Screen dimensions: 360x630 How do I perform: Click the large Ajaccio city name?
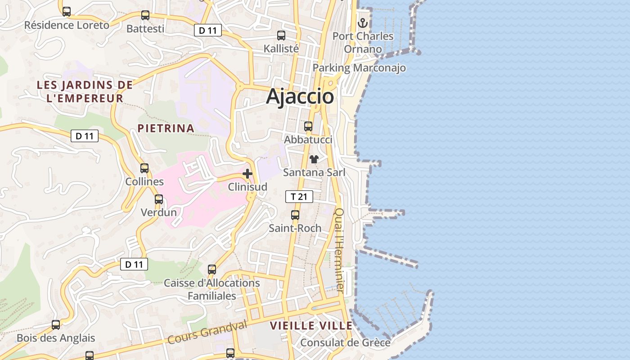click(x=300, y=97)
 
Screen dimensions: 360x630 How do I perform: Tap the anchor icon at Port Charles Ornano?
click(x=363, y=22)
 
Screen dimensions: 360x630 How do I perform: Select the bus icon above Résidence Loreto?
click(x=67, y=12)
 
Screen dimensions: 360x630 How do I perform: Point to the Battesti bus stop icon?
click(x=145, y=15)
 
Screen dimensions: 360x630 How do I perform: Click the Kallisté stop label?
click(x=281, y=48)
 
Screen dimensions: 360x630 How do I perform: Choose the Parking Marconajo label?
click(x=359, y=68)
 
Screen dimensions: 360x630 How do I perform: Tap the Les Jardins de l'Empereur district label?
click(x=85, y=91)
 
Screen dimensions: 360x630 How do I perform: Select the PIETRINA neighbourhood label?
click(x=166, y=128)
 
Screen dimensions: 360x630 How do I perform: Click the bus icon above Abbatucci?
click(x=308, y=126)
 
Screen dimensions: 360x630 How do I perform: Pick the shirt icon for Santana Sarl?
click(x=314, y=159)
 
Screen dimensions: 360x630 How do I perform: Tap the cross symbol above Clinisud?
click(x=247, y=173)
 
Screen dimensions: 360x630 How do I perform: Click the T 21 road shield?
click(x=299, y=197)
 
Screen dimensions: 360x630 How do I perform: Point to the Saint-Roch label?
click(x=295, y=228)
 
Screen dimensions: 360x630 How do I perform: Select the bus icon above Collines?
click(x=144, y=168)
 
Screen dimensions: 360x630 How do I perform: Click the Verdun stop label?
click(x=159, y=212)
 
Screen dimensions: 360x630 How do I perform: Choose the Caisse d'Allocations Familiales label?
click(x=212, y=289)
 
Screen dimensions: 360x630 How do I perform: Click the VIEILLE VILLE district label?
click(x=311, y=326)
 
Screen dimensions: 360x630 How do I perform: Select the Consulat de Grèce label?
click(x=345, y=342)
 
